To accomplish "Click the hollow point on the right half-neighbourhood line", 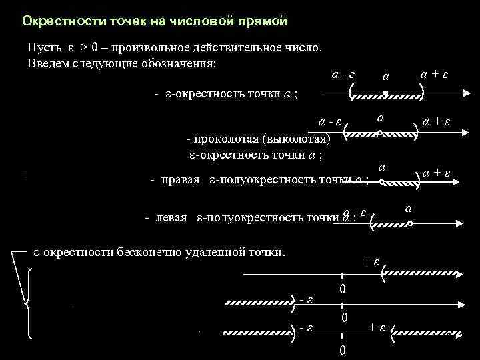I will point(381,181).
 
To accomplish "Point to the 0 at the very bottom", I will point(343,351).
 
